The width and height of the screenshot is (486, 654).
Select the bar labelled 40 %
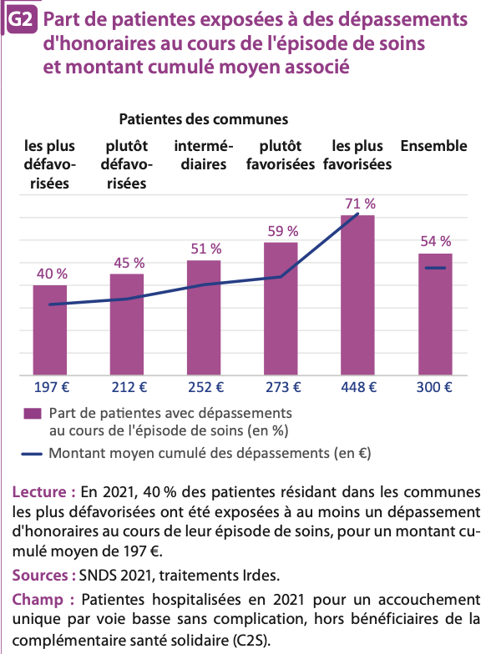point(50,330)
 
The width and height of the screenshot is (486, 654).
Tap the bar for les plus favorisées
point(357,295)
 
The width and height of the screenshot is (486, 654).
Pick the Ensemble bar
point(435,314)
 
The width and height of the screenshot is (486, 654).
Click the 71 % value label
point(361,204)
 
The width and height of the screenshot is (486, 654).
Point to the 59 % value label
point(283,231)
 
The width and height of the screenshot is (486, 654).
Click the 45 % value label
point(129,263)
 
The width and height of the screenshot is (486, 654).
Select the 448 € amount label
point(359,387)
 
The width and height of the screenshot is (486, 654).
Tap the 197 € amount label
point(52,387)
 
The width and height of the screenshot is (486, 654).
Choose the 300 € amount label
point(434,387)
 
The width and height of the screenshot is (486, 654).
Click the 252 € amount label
point(205,387)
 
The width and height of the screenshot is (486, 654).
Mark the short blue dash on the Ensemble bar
point(436,268)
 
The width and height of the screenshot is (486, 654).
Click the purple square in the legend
point(33,414)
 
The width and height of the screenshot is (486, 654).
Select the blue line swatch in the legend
point(32,454)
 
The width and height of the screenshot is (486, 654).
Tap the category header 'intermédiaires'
point(204,155)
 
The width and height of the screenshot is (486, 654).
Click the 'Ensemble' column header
point(434,146)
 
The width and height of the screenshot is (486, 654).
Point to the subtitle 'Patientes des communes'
point(204,119)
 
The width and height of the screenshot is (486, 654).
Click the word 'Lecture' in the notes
point(39,492)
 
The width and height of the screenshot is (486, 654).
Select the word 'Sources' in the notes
point(40,576)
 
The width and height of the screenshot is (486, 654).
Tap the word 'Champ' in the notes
point(38,600)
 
